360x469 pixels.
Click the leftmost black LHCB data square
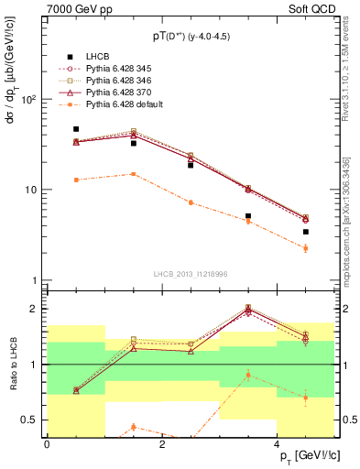coord(76,129)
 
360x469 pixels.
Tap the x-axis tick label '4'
coord(277,444)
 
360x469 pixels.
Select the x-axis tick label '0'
coord(47,444)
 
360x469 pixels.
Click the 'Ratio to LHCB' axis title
coord(12,364)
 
